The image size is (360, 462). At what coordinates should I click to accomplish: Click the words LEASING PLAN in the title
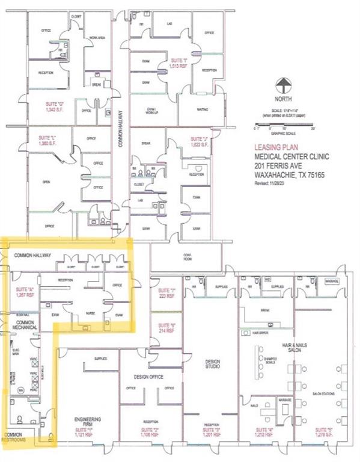pyautogui.click(x=273, y=146)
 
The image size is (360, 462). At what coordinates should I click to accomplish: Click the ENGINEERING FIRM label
pyautogui.click(x=88, y=420)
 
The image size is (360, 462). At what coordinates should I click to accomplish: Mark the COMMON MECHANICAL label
pyautogui.click(x=24, y=325)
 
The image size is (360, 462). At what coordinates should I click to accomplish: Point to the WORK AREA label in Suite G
pyautogui.click(x=98, y=37)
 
